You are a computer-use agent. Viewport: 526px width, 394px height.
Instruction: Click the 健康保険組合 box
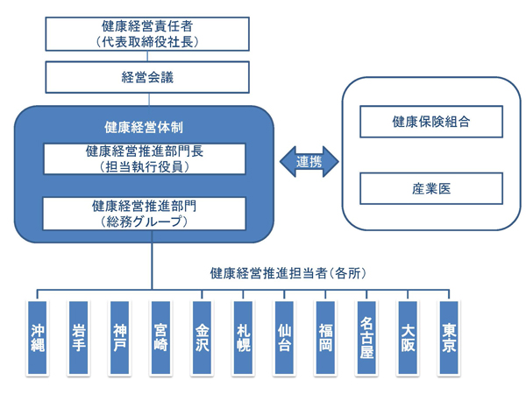coord(431,122)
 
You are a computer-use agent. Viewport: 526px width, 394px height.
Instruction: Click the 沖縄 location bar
coord(37,338)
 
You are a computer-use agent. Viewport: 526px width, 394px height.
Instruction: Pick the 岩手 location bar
coord(78,338)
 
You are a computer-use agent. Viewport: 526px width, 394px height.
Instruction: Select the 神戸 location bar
coord(119,338)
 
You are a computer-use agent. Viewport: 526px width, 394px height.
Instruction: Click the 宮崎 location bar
coord(160,338)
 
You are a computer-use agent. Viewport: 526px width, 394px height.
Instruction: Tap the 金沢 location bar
coord(202,338)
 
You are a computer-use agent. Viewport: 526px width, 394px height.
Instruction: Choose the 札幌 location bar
coord(243,338)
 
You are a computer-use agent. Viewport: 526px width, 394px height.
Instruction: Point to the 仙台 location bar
coord(284,338)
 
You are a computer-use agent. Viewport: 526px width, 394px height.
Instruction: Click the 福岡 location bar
coord(325,338)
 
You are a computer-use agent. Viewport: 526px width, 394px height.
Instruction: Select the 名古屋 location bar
coord(366,338)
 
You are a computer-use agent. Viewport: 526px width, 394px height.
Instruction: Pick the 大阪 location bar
coord(408,338)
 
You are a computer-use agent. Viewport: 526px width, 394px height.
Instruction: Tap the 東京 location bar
coord(449,338)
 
